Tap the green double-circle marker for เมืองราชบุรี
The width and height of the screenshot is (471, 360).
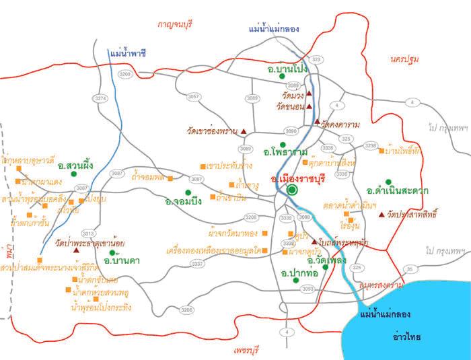click(292, 190)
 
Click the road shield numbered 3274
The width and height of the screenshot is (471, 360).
click(101, 98)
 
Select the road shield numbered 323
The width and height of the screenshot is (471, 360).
click(317, 60)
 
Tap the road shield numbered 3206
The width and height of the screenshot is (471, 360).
click(186, 310)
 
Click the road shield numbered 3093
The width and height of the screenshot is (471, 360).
click(307, 289)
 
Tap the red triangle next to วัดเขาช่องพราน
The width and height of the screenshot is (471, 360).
click(244, 131)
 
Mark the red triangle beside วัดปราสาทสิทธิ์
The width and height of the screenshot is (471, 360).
click(382, 215)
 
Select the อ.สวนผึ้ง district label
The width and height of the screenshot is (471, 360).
click(75, 164)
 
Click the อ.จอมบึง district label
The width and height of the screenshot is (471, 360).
click(182, 201)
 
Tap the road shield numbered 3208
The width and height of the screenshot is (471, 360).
click(250, 217)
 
